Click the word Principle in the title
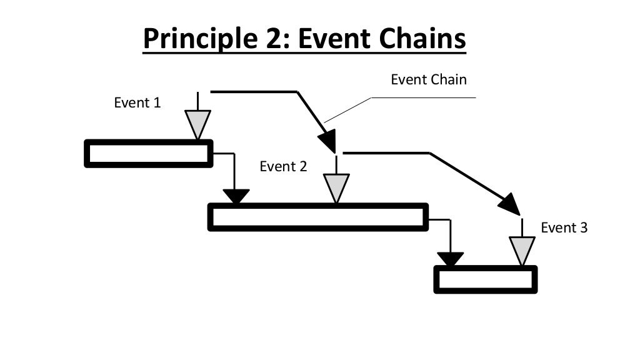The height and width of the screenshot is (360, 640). click(x=201, y=39)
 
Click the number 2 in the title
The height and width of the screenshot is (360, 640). click(x=279, y=39)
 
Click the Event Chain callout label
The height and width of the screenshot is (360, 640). click(x=428, y=79)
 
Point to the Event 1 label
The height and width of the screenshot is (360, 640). click(x=137, y=102)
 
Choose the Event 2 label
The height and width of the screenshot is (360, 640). click(x=283, y=166)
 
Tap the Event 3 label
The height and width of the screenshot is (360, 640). click(x=564, y=227)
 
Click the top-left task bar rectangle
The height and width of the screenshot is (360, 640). click(x=148, y=154)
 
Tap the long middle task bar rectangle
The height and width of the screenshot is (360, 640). click(x=317, y=217)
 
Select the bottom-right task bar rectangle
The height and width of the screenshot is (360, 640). click(x=486, y=279)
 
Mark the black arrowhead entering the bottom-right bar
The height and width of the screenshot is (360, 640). click(x=450, y=258)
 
